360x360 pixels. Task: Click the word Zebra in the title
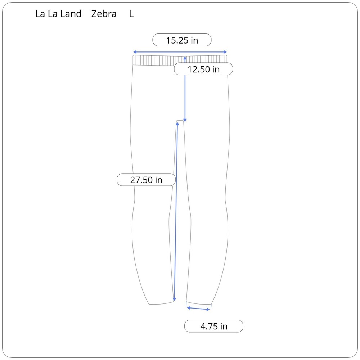[x=104, y=14]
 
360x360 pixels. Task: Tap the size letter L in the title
[x=131, y=14]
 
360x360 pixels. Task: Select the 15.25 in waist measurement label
[x=182, y=40]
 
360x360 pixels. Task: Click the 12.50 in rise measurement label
[x=203, y=69]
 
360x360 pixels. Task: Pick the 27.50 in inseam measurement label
[x=146, y=180]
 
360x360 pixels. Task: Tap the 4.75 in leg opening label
[x=214, y=326]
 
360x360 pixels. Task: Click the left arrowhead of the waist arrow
[x=135, y=52]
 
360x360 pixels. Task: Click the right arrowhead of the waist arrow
[x=225, y=52]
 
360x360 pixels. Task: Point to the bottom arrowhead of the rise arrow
[x=185, y=120]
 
